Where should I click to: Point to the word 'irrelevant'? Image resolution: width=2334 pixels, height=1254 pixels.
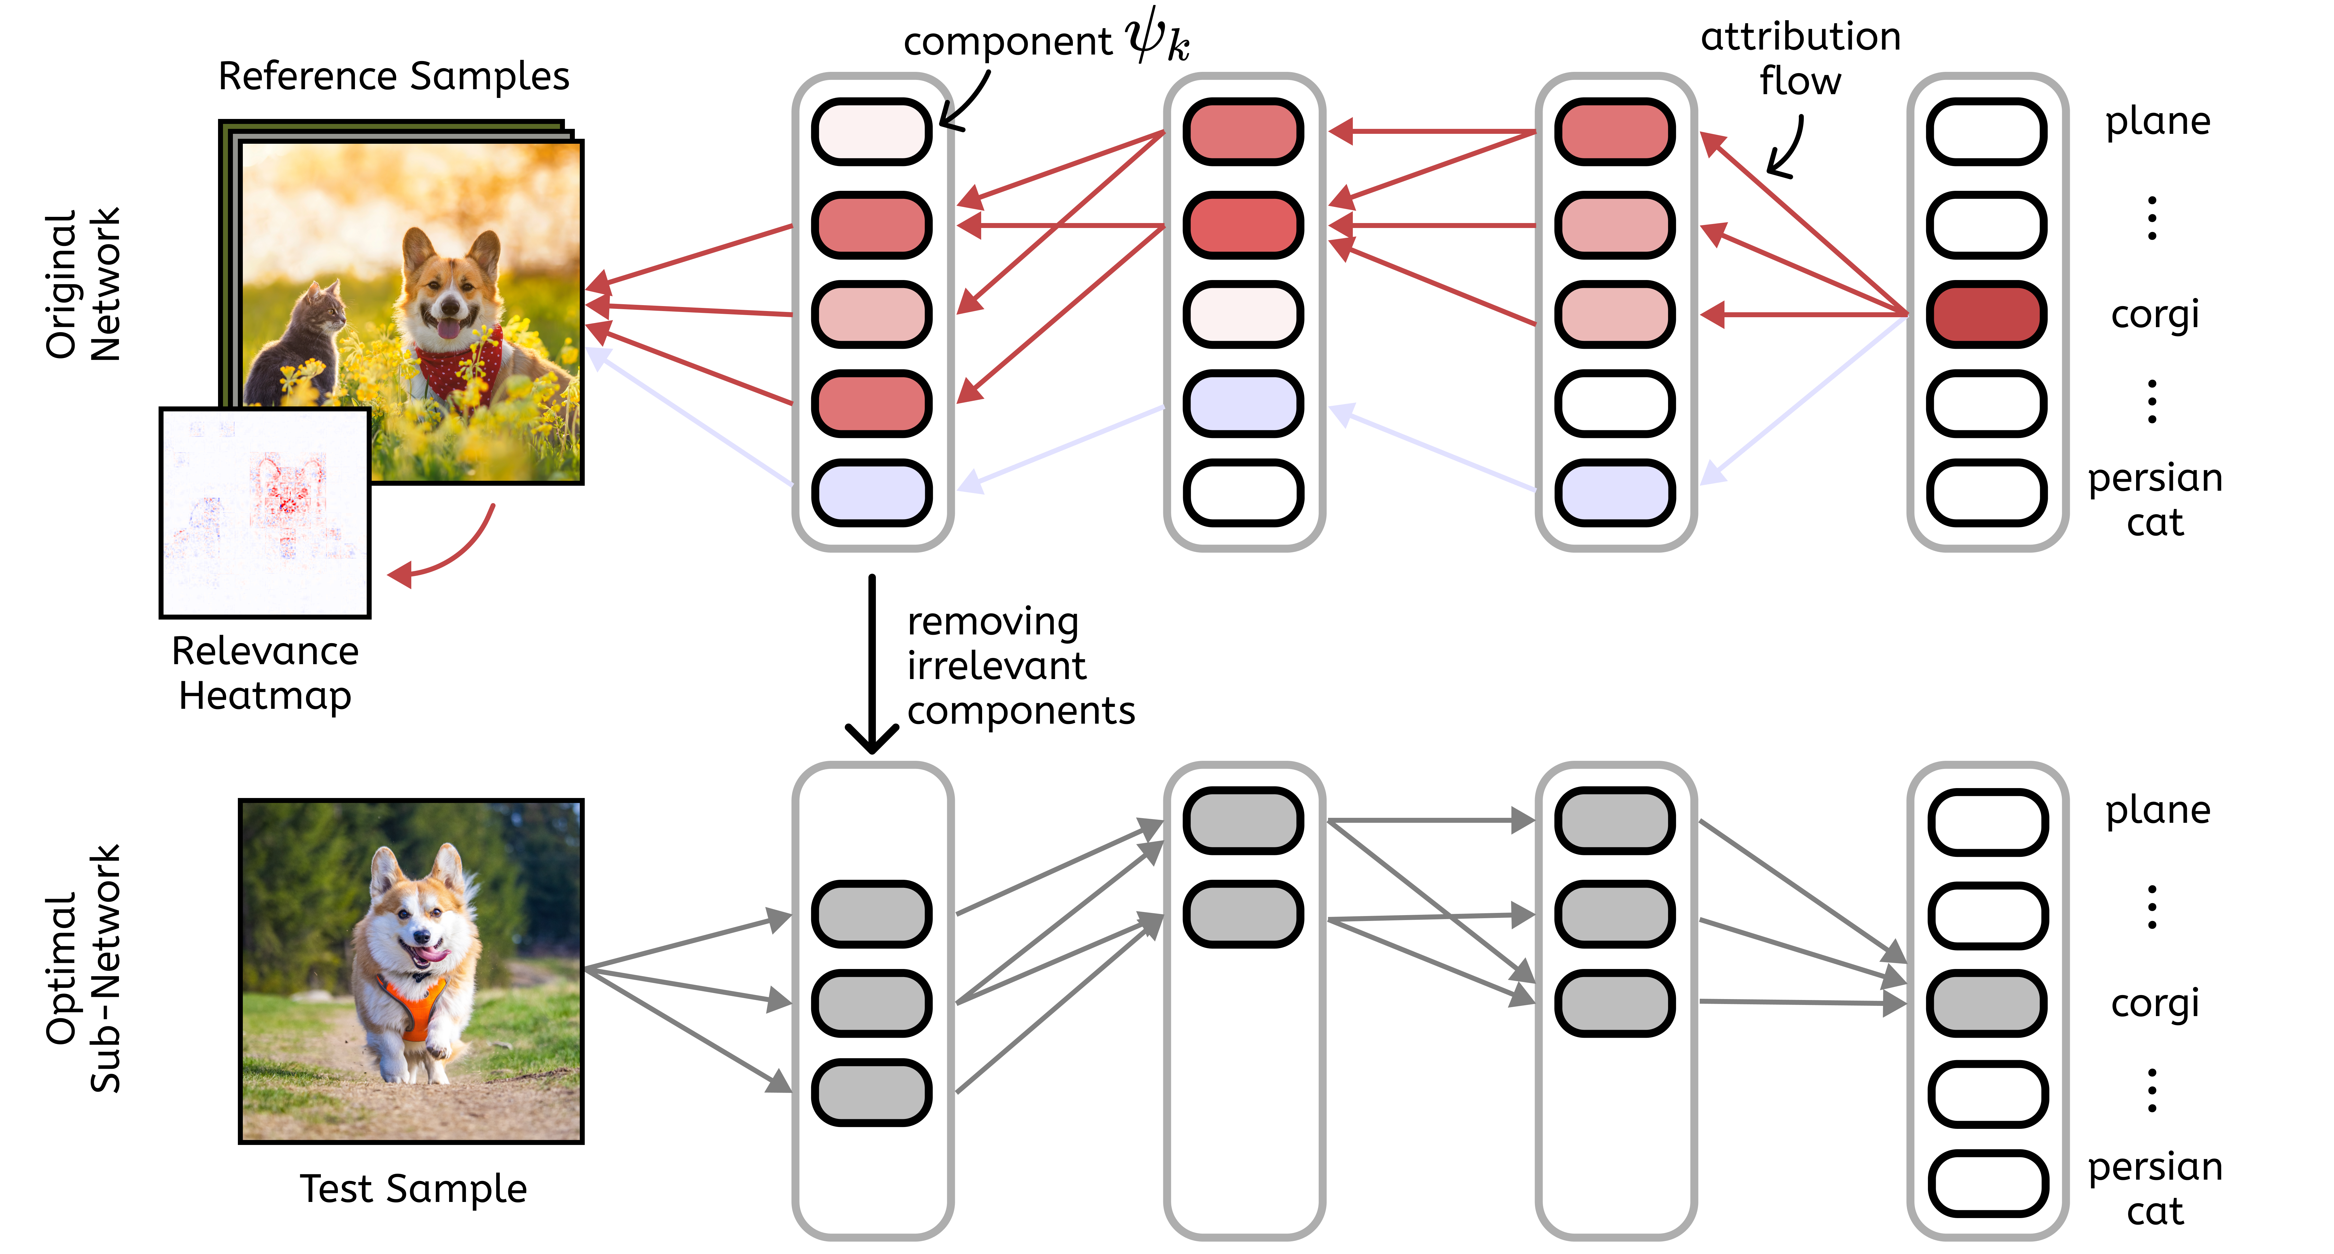click(996, 666)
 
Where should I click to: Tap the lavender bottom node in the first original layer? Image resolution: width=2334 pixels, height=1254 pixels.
click(872, 493)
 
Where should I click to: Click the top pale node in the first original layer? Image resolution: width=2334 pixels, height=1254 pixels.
click(872, 131)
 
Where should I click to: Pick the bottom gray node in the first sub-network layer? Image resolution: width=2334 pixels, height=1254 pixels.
click(872, 1092)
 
